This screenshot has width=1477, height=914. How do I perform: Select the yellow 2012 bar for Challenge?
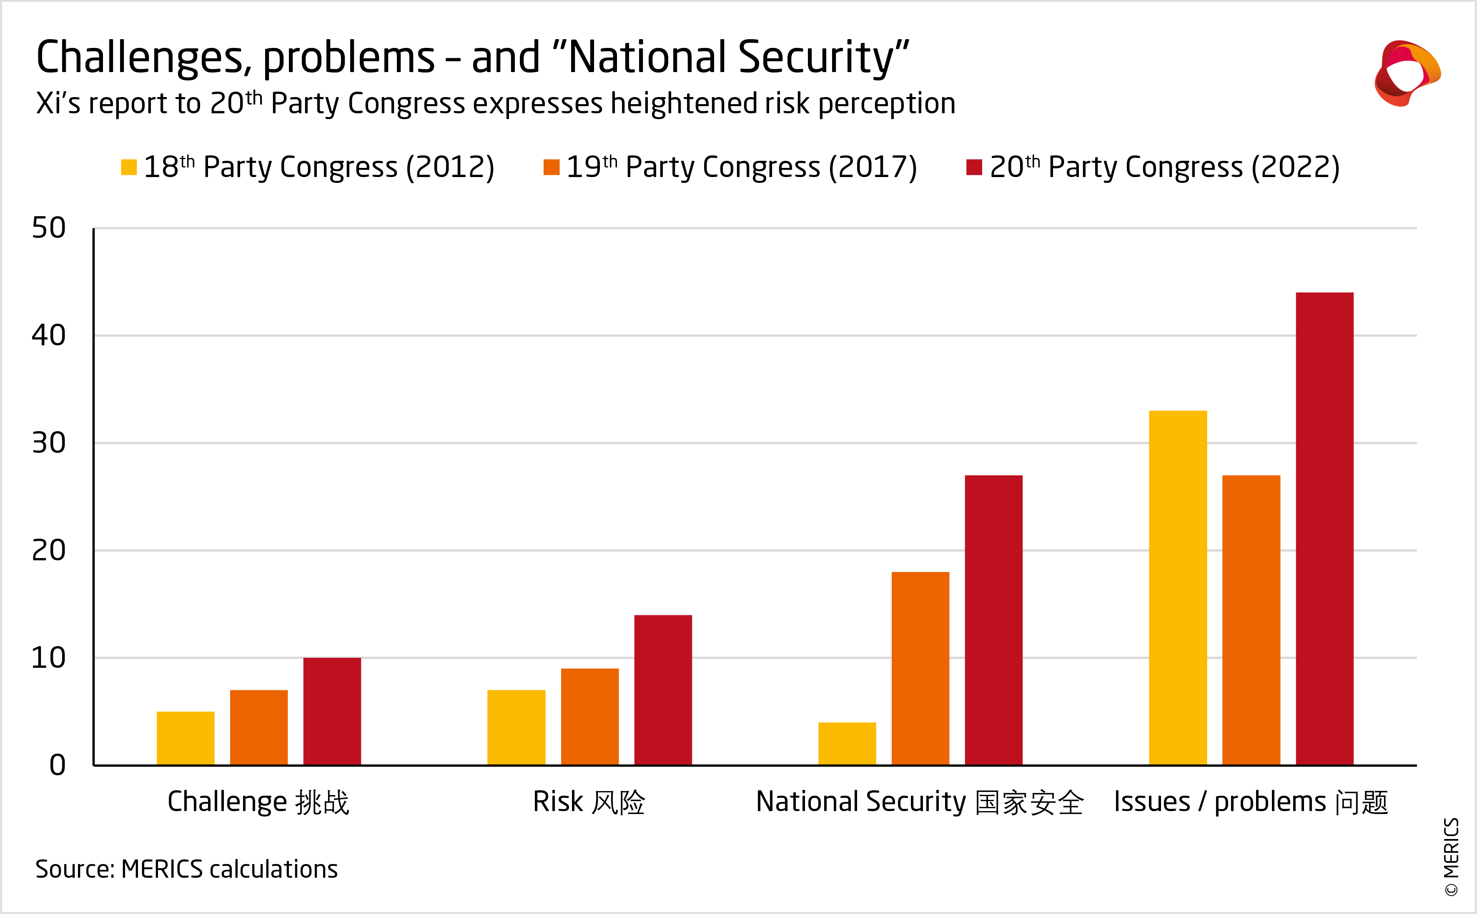pyautogui.click(x=186, y=738)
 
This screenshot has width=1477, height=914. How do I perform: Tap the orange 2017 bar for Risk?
pyautogui.click(x=590, y=717)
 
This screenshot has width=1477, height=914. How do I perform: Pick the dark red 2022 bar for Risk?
pyautogui.click(x=663, y=690)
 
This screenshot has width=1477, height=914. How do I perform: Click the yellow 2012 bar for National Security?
pyautogui.click(x=847, y=744)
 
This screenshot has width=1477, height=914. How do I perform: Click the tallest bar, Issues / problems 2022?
pyautogui.click(x=1324, y=529)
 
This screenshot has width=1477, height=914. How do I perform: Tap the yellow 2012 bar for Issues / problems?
pyautogui.click(x=1178, y=587)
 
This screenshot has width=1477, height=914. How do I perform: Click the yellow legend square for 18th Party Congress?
pyautogui.click(x=129, y=167)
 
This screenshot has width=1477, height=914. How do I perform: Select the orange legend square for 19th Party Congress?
pyautogui.click(x=551, y=167)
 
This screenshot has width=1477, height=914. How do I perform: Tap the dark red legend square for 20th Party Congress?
pyautogui.click(x=974, y=167)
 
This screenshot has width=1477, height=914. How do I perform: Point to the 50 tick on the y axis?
pyautogui.click(x=48, y=228)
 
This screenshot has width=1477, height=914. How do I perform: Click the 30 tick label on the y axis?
pyautogui.click(x=48, y=443)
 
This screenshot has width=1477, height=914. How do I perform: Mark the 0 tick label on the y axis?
pyautogui.click(x=58, y=765)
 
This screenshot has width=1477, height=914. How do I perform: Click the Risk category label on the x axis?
pyautogui.click(x=589, y=802)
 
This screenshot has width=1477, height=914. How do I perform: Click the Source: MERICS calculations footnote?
pyautogui.click(x=186, y=869)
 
